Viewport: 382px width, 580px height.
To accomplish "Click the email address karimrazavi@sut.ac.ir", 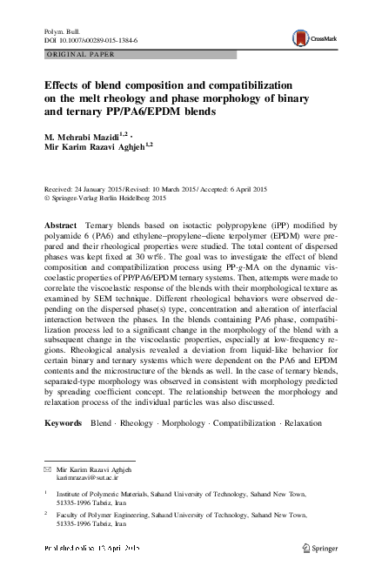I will click(86, 477).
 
